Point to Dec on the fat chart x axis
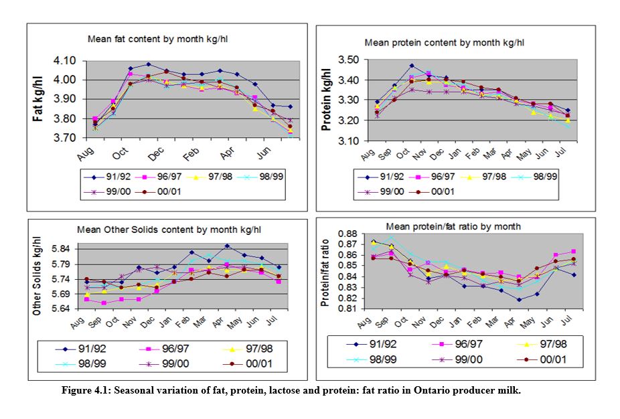tap(153, 153)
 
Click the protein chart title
tap(444, 42)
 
